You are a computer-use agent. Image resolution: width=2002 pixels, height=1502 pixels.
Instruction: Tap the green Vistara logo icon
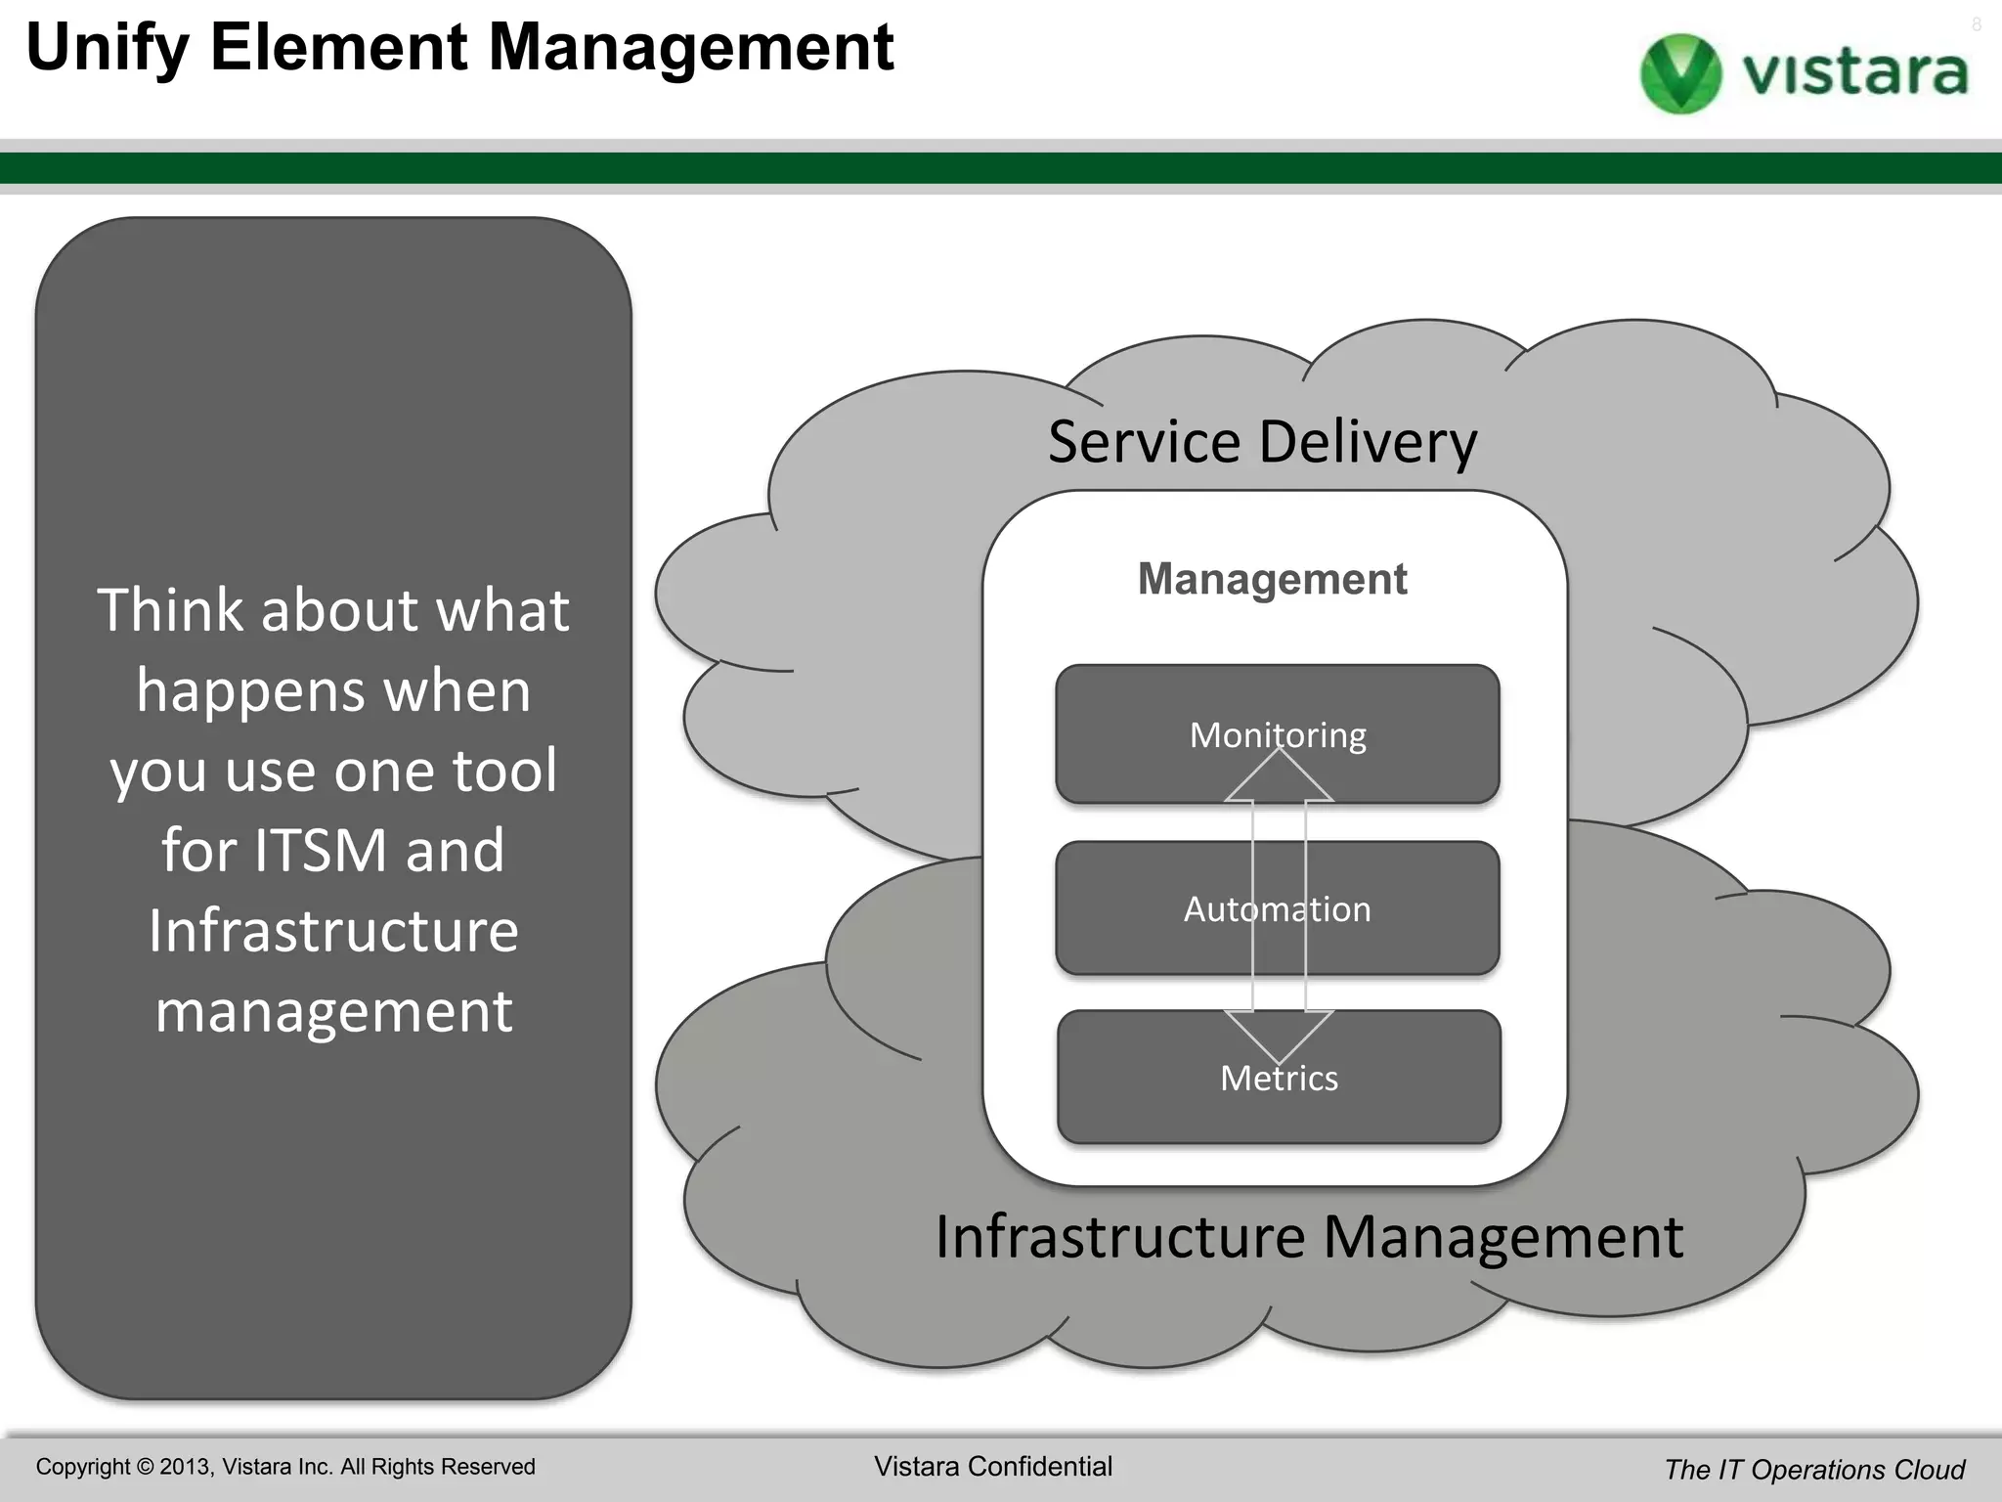pos(1680,73)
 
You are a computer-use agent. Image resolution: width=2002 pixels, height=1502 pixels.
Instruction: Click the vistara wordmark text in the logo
pos(1854,73)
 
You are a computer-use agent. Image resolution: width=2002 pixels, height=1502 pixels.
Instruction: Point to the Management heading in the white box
pos(1272,579)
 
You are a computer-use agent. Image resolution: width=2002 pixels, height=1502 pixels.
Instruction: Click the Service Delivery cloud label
pos(1262,442)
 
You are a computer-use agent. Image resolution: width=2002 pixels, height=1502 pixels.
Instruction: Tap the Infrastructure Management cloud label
pos(1309,1237)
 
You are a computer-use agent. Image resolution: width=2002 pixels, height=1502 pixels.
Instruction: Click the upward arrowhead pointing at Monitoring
pos(1279,777)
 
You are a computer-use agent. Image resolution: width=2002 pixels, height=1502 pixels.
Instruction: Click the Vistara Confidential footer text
pos(992,1467)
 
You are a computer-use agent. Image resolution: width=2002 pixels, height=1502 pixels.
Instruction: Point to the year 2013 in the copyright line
pos(184,1467)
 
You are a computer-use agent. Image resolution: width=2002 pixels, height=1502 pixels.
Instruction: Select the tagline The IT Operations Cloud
pos(1814,1470)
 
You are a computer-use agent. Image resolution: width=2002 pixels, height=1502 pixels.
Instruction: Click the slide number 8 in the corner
pos(1976,25)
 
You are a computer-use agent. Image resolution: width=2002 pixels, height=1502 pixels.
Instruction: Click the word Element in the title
pos(338,49)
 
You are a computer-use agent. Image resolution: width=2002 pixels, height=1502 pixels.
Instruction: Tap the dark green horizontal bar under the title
pos(1001,168)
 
